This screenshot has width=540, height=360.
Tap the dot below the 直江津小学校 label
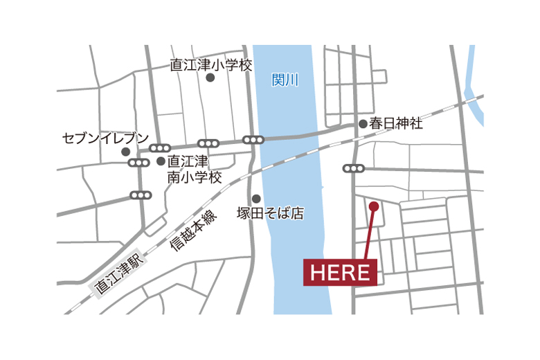tap(210, 78)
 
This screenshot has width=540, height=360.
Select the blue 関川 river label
tap(285, 80)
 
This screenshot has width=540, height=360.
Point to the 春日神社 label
tap(395, 124)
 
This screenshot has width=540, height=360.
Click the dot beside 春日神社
tap(363, 124)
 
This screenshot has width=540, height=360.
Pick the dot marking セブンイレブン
tap(125, 152)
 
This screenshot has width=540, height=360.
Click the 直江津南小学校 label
tap(195, 170)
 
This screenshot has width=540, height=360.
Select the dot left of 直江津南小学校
tap(161, 161)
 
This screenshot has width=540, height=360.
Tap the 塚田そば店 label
tap(270, 213)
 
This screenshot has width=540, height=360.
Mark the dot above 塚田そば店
tap(255, 198)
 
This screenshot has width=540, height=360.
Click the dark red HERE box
tap(340, 272)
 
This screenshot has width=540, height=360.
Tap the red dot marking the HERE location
tap(374, 206)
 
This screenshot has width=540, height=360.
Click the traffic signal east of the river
tap(353, 168)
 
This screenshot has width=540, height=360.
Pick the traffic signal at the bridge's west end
tap(253, 140)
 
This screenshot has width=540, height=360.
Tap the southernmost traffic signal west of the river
tap(141, 196)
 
